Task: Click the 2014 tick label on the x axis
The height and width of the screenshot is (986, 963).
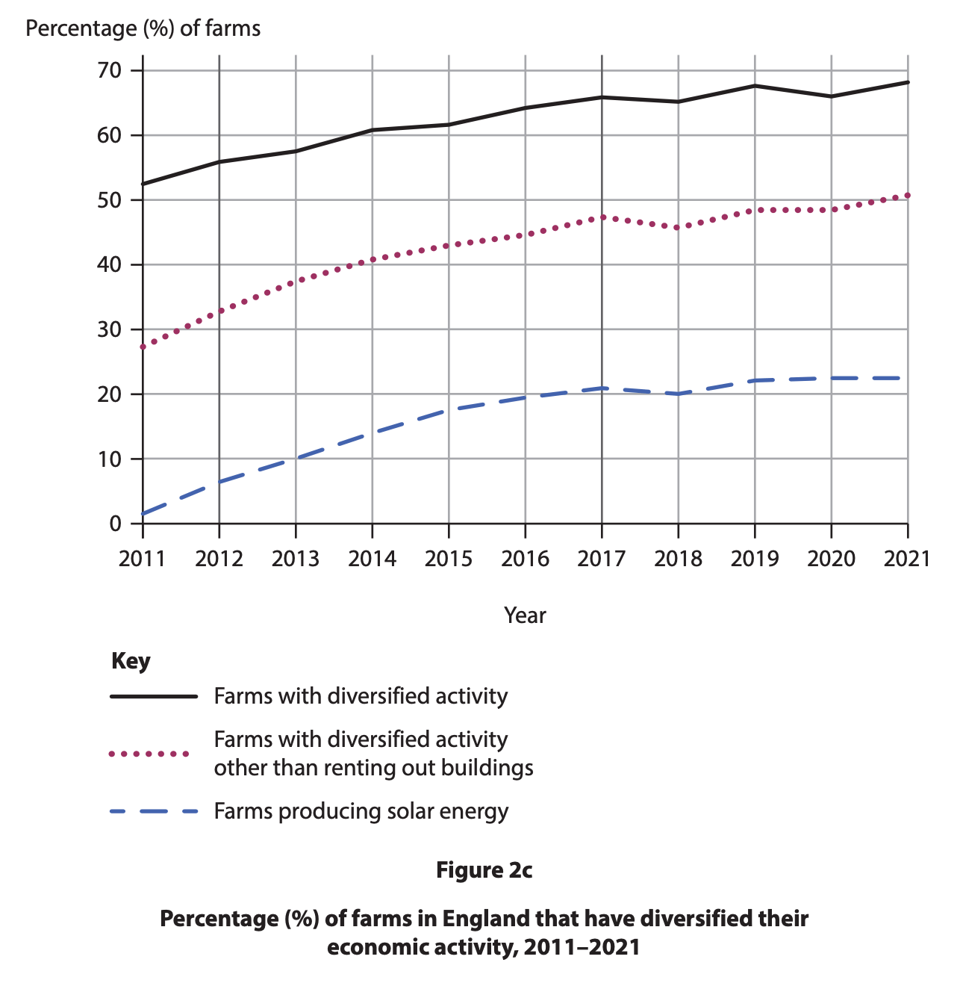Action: tap(372, 559)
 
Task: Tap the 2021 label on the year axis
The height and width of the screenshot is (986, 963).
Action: tap(907, 559)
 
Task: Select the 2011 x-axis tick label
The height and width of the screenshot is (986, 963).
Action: tap(143, 559)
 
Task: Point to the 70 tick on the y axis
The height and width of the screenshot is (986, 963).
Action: tap(109, 71)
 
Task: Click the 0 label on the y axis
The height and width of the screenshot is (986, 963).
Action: tap(115, 524)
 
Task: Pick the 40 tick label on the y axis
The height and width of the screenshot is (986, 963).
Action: tap(109, 265)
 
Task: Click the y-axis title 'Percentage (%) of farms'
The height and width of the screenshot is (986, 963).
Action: tap(143, 28)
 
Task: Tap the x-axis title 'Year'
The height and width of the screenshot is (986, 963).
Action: tap(525, 616)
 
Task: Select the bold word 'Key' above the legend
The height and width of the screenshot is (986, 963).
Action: tap(131, 661)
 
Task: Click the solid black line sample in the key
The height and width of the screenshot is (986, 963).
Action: tap(153, 697)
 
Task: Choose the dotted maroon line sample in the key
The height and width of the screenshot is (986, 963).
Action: tap(149, 754)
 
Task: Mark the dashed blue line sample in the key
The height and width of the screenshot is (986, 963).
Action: tap(153, 811)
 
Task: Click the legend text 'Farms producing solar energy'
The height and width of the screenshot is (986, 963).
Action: tap(361, 811)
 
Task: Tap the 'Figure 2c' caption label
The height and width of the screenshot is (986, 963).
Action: tap(484, 870)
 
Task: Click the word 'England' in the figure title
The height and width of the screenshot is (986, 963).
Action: tap(487, 918)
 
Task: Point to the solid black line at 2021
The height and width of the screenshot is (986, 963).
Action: tap(907, 82)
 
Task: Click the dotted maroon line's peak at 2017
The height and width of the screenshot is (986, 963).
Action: tap(602, 217)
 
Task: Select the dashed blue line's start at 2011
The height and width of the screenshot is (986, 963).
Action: tap(143, 514)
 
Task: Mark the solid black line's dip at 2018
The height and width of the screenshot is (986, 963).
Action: tap(678, 102)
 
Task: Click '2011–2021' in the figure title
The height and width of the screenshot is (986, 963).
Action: tap(582, 947)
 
